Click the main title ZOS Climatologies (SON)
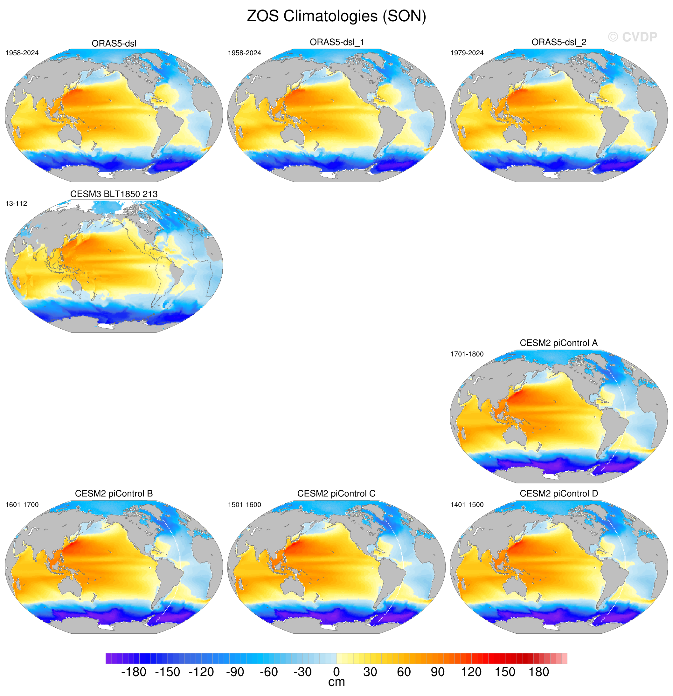point(336,16)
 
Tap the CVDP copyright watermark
point(632,37)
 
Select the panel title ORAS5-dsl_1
point(336,42)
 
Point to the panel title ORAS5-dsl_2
point(559,42)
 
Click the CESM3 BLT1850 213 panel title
point(114,194)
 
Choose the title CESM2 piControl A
point(559,343)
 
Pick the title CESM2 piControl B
point(114,494)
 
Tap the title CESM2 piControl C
point(336,494)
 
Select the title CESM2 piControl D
point(559,494)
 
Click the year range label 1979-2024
point(467,53)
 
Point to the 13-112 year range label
point(16,203)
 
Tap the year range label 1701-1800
point(467,354)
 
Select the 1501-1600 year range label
point(245,505)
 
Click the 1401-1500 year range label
point(467,505)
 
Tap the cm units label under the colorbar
point(336,682)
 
